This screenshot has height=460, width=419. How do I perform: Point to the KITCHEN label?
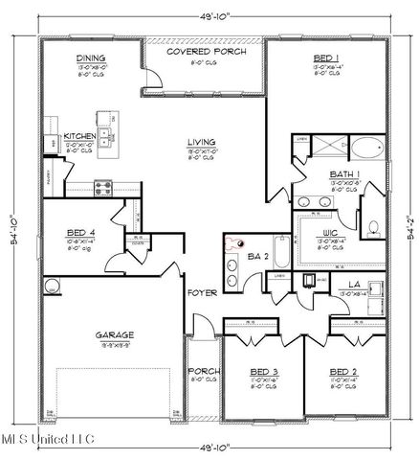(x=79, y=137)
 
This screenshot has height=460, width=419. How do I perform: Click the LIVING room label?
(x=202, y=142)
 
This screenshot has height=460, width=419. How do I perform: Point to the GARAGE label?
(x=114, y=335)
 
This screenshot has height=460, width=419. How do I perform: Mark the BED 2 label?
(x=343, y=371)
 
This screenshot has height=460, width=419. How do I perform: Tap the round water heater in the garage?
(x=51, y=285)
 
